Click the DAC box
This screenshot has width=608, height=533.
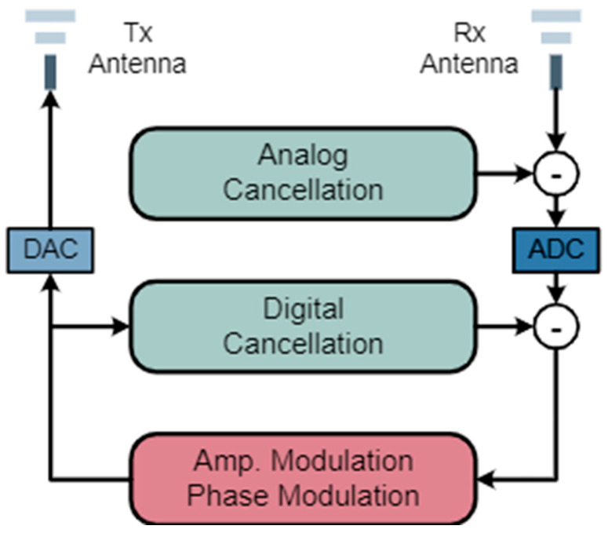[x=50, y=250]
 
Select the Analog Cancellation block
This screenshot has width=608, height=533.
[x=303, y=173]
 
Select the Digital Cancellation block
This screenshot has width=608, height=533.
[x=303, y=327]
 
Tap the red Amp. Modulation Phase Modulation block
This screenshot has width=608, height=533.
[x=303, y=478]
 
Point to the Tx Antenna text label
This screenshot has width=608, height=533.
[x=137, y=49]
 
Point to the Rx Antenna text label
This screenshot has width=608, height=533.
[x=469, y=49]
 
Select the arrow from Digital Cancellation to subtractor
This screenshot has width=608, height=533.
[x=508, y=324]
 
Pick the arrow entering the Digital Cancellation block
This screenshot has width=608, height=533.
[x=90, y=324]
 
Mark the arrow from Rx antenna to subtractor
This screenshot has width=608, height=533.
[x=557, y=118]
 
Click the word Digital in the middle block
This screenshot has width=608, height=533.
[x=303, y=309]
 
